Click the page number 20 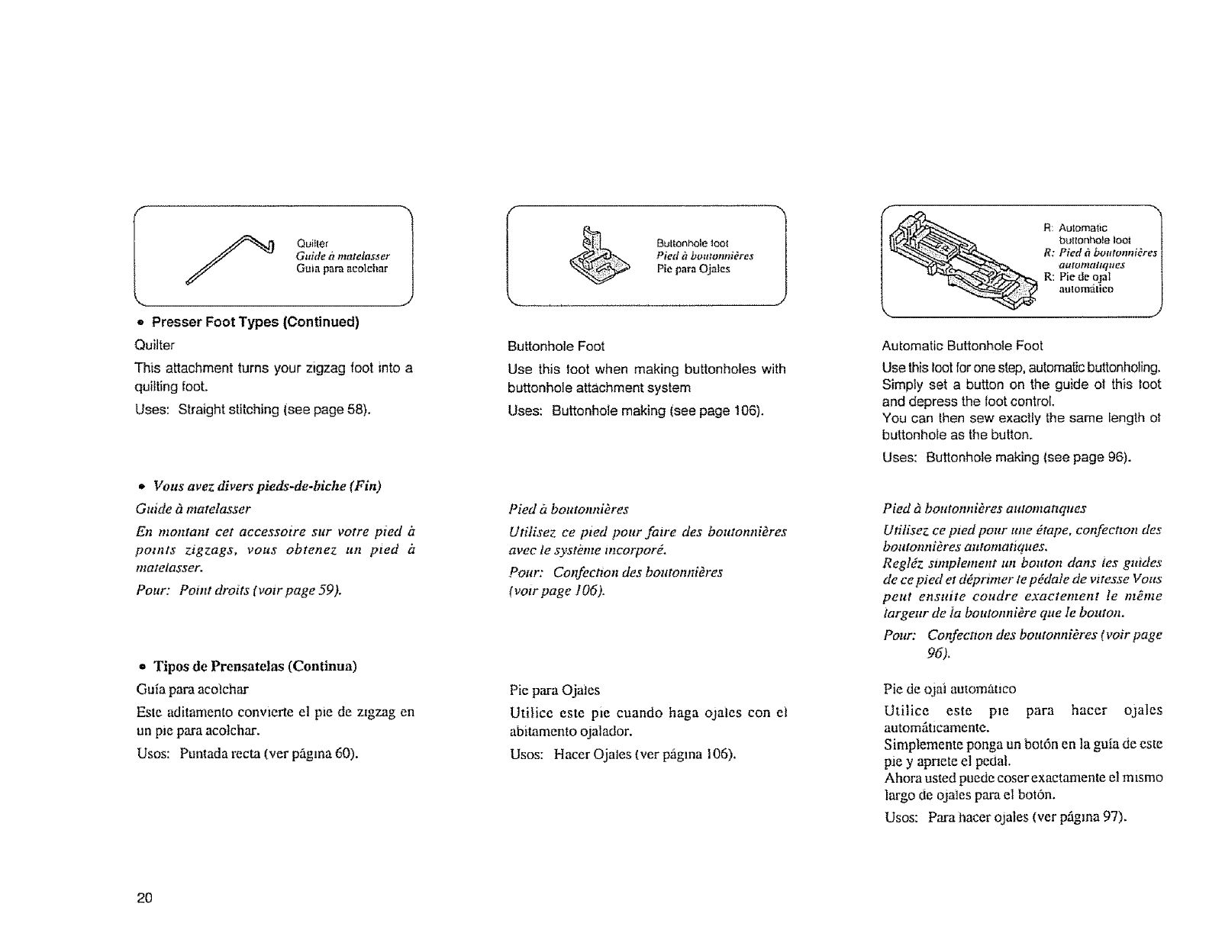(x=145, y=898)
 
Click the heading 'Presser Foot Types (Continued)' (x=255, y=321)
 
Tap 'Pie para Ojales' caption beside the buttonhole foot (x=694, y=269)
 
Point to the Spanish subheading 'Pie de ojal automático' (x=949, y=689)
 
